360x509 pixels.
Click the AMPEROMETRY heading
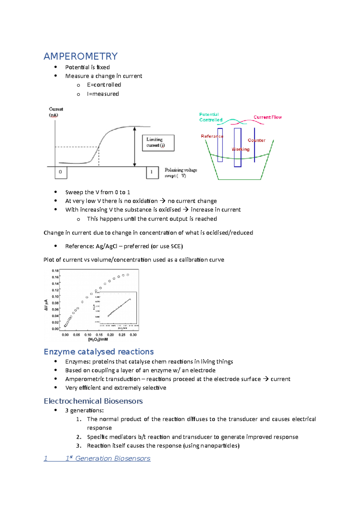[x=80, y=56]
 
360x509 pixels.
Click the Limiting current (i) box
[x=158, y=143]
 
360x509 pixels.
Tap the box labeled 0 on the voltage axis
[x=61, y=172]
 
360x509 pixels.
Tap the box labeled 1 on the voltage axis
[x=152, y=172]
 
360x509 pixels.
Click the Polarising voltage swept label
[x=180, y=173]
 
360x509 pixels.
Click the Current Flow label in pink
[x=267, y=117]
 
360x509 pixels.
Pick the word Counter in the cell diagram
[x=256, y=140]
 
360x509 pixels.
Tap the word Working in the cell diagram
[x=240, y=149]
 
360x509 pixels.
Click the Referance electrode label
[x=212, y=136]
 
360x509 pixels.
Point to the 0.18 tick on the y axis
[x=55, y=271]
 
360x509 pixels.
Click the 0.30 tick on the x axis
[x=133, y=335]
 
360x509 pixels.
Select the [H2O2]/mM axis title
[x=98, y=340]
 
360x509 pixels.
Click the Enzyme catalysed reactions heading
[x=99, y=352]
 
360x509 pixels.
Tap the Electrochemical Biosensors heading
[x=93, y=401]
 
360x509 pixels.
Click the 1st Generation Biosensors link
[x=108, y=458]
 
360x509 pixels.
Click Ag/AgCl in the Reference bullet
[x=106, y=246]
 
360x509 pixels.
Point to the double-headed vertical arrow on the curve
[x=135, y=146]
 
